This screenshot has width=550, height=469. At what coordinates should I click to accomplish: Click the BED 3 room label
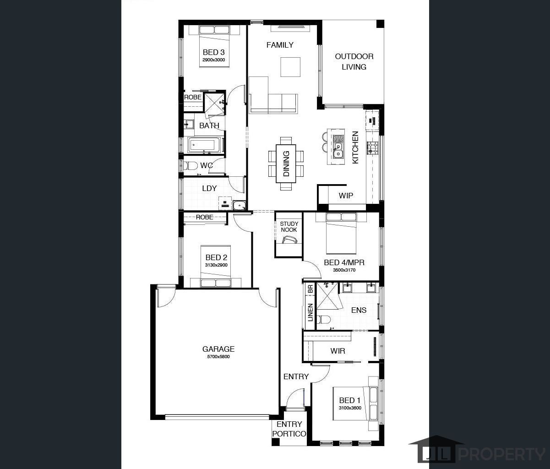tap(214, 52)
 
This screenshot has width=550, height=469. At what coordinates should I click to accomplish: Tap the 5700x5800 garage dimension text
tap(218, 357)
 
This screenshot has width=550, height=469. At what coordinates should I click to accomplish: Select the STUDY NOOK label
tap(289, 227)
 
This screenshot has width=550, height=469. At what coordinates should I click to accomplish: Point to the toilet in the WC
tap(190, 166)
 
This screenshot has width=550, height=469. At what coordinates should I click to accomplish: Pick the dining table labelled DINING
tap(286, 164)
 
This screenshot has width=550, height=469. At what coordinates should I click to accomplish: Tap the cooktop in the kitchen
tap(372, 148)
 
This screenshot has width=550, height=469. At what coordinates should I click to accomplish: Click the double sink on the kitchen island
tap(338, 150)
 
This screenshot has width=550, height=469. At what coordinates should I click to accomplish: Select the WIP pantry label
tap(346, 196)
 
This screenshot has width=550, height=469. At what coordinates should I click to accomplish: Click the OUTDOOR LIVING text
tap(354, 61)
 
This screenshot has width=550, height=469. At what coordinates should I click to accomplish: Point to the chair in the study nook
tap(289, 240)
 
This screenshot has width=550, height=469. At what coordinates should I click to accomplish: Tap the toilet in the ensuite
tap(324, 319)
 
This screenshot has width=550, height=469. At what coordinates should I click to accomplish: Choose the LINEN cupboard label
tap(310, 312)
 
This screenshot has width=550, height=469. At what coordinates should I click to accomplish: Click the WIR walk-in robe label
tap(338, 351)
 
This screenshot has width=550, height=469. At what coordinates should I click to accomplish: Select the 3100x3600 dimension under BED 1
tap(350, 408)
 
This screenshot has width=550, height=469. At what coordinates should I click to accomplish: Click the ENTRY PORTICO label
tap(289, 429)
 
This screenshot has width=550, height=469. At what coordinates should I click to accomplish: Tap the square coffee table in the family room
tap(290, 67)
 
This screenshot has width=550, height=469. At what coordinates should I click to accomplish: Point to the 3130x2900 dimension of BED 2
tap(216, 265)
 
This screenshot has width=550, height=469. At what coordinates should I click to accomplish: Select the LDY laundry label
tap(209, 188)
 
